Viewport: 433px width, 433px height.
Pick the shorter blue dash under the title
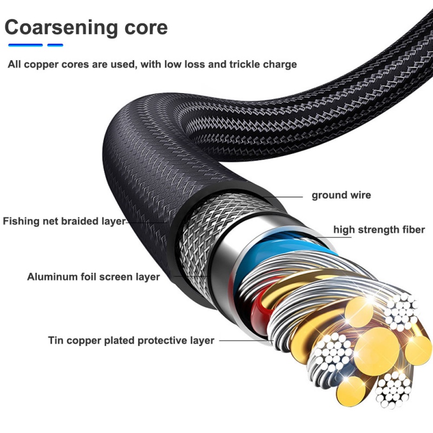[x=55, y=45]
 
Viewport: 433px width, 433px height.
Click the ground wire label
[x=341, y=195]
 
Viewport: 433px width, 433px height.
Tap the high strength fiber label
[x=379, y=229]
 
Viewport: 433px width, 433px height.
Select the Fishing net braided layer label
[x=64, y=221]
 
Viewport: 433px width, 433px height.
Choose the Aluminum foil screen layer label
[x=93, y=277]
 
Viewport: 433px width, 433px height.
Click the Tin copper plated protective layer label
[x=131, y=340]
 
